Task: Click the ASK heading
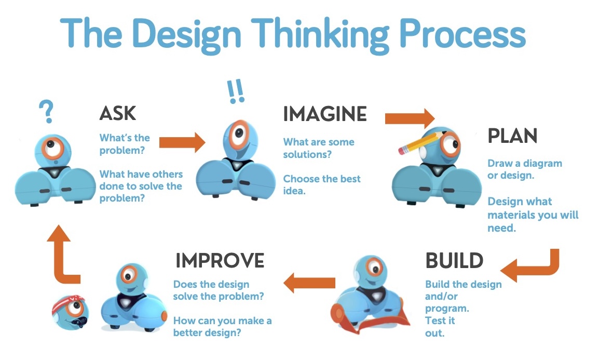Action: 117,113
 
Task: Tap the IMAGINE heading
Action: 325,114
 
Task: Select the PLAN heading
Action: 512,136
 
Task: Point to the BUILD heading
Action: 454,261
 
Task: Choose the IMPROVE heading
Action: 220,260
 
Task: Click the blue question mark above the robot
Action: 47,112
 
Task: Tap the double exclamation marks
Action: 235,91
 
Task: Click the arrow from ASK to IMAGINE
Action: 182,142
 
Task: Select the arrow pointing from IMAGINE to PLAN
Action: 410,118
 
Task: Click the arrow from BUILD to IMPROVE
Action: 309,283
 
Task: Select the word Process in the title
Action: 464,34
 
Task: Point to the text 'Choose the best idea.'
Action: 321,185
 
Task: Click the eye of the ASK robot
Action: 53,148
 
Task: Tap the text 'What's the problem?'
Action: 125,144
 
